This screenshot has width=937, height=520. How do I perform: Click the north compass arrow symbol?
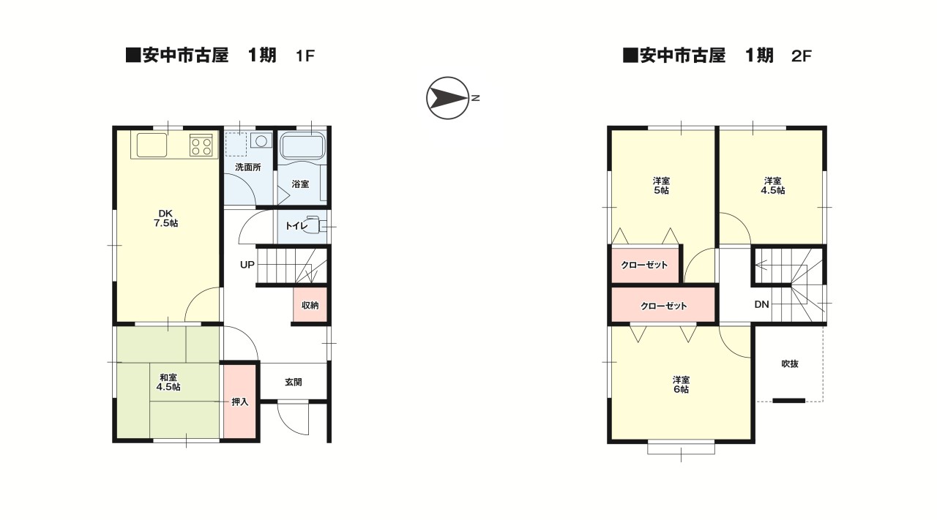tap(447, 97)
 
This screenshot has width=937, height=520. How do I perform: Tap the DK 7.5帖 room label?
tap(165, 218)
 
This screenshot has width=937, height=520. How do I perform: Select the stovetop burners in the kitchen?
tap(201, 145)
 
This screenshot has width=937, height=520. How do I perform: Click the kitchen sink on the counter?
tap(152, 145)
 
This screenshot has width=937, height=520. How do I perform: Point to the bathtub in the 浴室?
tap(302, 146)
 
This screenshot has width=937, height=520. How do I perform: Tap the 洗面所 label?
tap(247, 167)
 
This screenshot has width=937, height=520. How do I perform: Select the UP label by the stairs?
tap(247, 264)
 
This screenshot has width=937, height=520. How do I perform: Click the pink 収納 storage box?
tap(310, 305)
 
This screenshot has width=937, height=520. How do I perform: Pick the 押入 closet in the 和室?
tap(240, 402)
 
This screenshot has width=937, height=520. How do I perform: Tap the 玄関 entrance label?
tap(294, 382)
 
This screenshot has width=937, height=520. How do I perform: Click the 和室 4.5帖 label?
tap(168, 382)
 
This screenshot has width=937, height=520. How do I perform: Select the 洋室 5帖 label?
tap(662, 185)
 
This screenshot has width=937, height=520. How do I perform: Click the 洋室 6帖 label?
tap(681, 385)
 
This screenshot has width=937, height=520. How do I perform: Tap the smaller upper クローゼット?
tap(644, 265)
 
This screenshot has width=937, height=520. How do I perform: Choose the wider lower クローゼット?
tap(663, 306)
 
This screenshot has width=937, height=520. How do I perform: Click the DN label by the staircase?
tap(761, 304)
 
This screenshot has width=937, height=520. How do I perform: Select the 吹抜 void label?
tap(789, 363)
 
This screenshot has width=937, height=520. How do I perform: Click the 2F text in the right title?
tap(802, 56)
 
